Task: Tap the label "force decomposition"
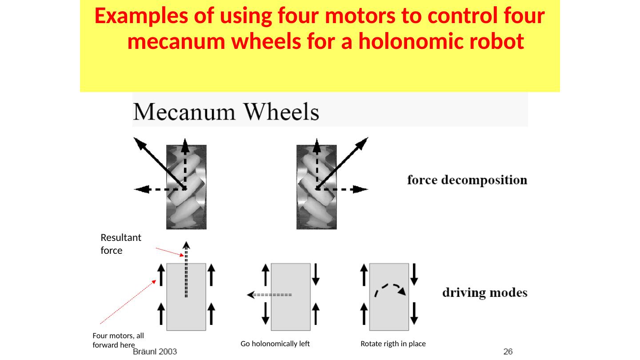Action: click(467, 180)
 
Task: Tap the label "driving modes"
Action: click(485, 293)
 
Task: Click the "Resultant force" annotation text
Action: click(121, 244)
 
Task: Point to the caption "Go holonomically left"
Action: click(275, 344)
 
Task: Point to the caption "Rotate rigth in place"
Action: click(393, 344)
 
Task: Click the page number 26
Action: click(508, 352)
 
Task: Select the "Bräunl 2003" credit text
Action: click(155, 352)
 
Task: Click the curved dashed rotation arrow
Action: click(390, 289)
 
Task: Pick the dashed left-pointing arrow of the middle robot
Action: click(269, 295)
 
